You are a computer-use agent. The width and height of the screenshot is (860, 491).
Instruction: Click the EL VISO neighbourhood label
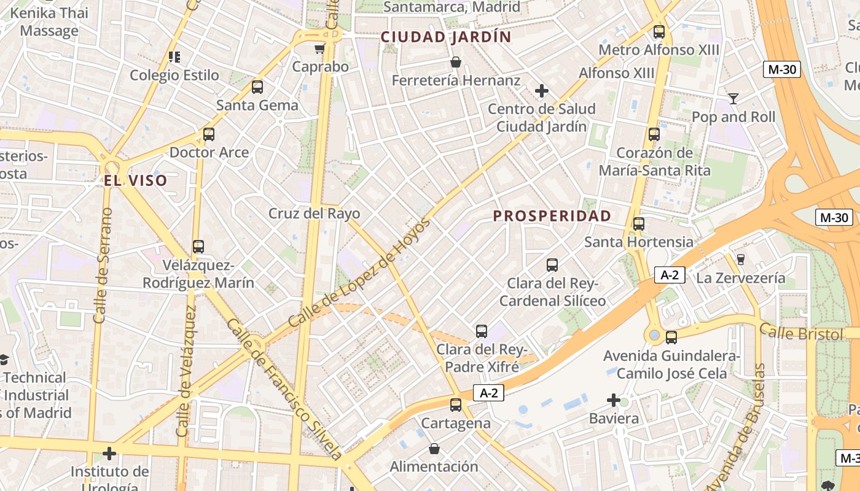point(135,180)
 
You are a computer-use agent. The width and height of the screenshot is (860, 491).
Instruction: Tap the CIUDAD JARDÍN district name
point(446,37)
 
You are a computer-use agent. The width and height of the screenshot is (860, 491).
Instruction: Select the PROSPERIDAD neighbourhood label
point(552,216)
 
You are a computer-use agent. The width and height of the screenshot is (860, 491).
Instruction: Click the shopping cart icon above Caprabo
point(319,48)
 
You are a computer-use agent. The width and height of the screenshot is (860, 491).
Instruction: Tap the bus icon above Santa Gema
point(257,87)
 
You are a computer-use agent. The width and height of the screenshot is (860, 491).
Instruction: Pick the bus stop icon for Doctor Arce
point(209,134)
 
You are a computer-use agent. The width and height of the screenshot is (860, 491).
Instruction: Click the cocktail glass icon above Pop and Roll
point(733,98)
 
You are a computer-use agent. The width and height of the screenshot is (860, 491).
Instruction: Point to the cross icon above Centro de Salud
point(541,91)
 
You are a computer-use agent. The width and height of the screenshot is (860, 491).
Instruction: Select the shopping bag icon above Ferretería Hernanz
point(456,62)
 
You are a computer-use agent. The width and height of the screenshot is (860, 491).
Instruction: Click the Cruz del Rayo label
point(314,214)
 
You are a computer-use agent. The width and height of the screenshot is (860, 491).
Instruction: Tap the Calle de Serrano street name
point(103,265)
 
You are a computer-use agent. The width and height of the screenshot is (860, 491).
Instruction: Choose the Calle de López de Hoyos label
point(359,273)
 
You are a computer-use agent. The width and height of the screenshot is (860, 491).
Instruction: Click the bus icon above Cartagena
point(455,405)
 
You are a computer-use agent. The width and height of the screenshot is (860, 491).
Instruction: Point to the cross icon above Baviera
point(614,401)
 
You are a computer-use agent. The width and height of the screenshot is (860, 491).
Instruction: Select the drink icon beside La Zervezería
point(740,260)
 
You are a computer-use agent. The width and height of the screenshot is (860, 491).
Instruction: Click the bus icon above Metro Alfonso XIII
point(659,32)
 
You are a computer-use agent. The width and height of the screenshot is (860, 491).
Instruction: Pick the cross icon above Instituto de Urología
point(109,454)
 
